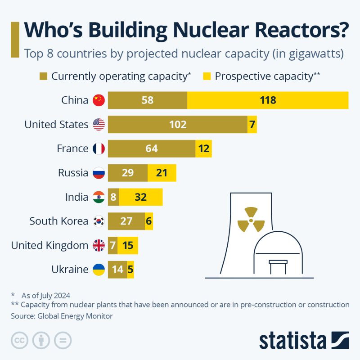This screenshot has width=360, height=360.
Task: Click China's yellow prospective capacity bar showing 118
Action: (268, 100)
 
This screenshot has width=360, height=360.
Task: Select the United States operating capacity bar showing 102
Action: (177, 125)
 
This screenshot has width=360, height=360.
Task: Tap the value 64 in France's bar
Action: (152, 148)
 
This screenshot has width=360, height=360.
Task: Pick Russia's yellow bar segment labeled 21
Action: (162, 173)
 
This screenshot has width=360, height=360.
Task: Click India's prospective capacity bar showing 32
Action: (140, 197)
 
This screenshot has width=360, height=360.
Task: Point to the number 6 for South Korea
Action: (148, 221)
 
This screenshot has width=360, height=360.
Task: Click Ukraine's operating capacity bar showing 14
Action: (117, 270)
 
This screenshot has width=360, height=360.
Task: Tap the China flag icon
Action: (99, 100)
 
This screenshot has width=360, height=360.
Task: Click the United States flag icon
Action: (99, 125)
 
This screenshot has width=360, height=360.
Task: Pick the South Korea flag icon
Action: (99, 221)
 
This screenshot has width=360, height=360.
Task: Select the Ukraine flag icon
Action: (99, 270)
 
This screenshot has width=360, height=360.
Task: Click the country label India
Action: (77, 197)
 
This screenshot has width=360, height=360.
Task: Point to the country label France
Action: (72, 148)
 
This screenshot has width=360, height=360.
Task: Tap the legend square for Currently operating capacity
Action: (44, 76)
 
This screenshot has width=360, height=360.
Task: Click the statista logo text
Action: (293, 340)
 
